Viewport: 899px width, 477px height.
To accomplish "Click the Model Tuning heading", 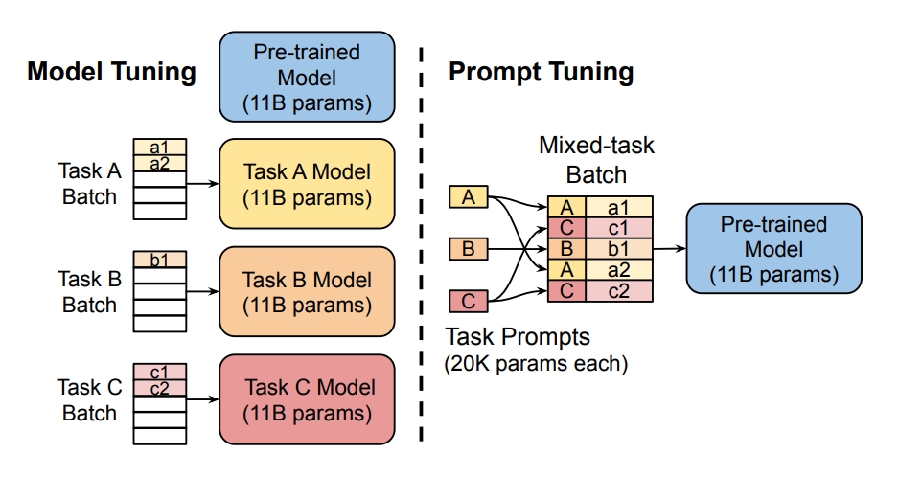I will click(x=111, y=72).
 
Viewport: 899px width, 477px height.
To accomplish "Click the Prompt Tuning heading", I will click(x=542, y=72).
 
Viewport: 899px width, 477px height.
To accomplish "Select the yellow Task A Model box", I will click(x=307, y=185).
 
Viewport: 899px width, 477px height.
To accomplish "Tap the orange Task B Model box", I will click(x=307, y=293).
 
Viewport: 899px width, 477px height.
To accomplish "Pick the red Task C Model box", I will click(x=307, y=400).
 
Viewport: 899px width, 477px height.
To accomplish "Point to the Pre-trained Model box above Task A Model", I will click(x=307, y=77).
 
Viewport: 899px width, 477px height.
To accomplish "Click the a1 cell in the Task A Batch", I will click(x=159, y=148).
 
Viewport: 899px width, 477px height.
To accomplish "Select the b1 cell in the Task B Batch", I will click(x=159, y=259).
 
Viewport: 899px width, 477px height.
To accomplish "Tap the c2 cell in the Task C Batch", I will click(x=159, y=388).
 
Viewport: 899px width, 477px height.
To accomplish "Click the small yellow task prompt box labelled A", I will click(x=469, y=197).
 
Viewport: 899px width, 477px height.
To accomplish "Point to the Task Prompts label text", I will click(x=519, y=337).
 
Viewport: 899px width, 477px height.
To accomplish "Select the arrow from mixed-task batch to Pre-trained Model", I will click(x=669, y=249).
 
